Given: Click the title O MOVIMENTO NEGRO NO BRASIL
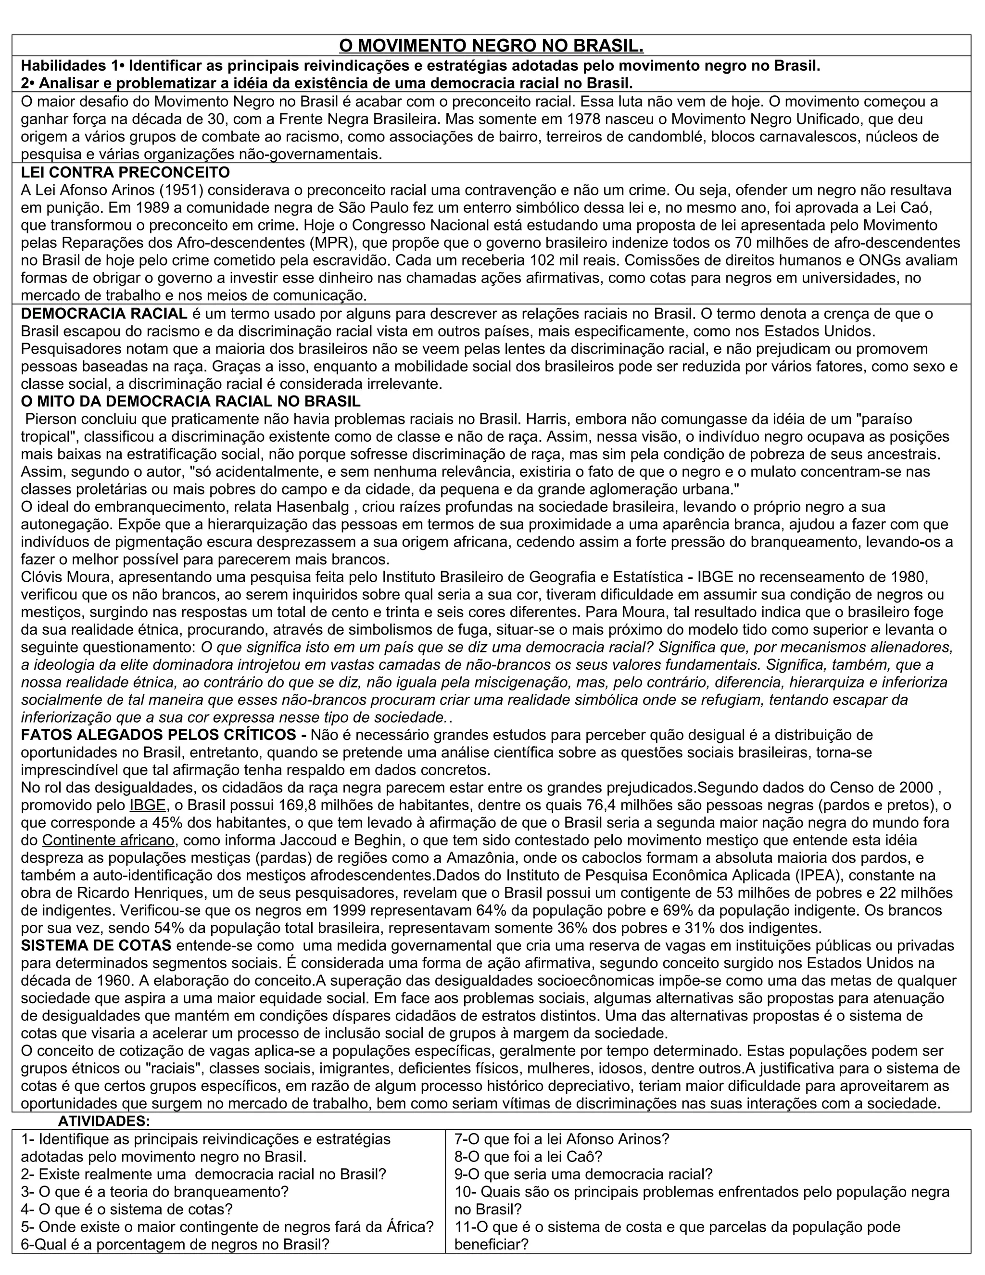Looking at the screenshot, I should [x=492, y=46].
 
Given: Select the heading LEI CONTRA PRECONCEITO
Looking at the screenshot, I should [x=126, y=173].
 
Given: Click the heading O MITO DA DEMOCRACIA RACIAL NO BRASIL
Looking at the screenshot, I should [x=191, y=402].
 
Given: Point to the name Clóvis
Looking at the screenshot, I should [x=41, y=577].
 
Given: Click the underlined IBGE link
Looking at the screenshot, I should [x=148, y=805].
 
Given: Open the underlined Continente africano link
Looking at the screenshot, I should [x=109, y=840].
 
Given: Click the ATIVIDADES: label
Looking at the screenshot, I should [x=104, y=1121].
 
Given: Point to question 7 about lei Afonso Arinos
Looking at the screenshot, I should [x=561, y=1139].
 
